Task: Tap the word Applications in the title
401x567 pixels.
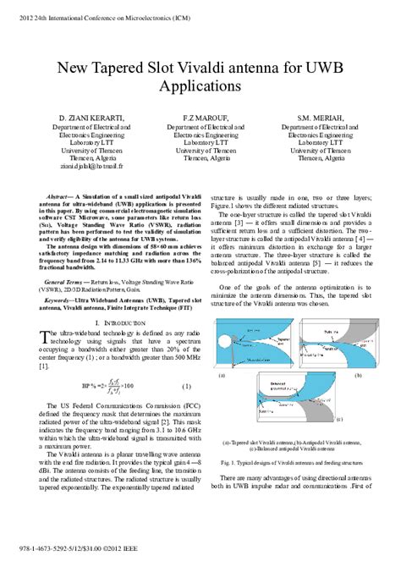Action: point(200,87)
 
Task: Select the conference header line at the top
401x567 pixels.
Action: point(100,12)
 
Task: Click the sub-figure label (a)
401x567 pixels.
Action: point(222,374)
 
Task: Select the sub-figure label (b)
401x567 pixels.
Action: point(358,374)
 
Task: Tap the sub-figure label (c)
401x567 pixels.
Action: point(339,419)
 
